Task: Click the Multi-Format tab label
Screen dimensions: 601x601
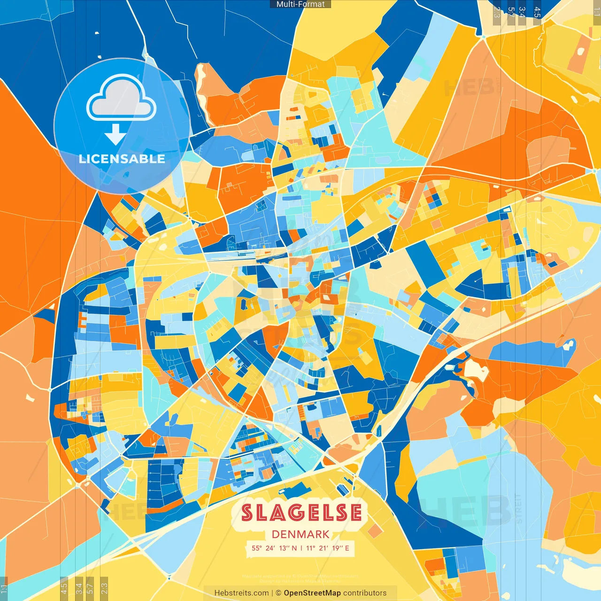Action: coord(300,4)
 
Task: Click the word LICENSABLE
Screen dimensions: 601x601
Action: coord(122,159)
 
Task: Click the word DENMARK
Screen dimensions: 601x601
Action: coord(300,534)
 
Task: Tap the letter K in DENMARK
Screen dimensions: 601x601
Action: coord(325,534)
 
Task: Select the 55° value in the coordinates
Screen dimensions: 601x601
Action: coord(257,548)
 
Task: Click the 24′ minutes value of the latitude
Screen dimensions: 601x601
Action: coord(270,548)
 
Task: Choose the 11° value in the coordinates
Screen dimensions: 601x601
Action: coord(311,548)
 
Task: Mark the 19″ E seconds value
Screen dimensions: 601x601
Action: coord(341,548)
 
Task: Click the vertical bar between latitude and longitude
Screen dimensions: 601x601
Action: coord(301,548)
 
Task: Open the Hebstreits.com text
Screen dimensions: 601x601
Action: coord(241,593)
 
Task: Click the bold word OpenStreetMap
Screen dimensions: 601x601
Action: coord(312,593)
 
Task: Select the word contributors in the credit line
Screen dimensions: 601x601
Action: coord(365,593)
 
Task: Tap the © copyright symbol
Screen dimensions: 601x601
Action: coord(278,593)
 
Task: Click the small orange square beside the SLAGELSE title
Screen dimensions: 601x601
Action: coord(374,531)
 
